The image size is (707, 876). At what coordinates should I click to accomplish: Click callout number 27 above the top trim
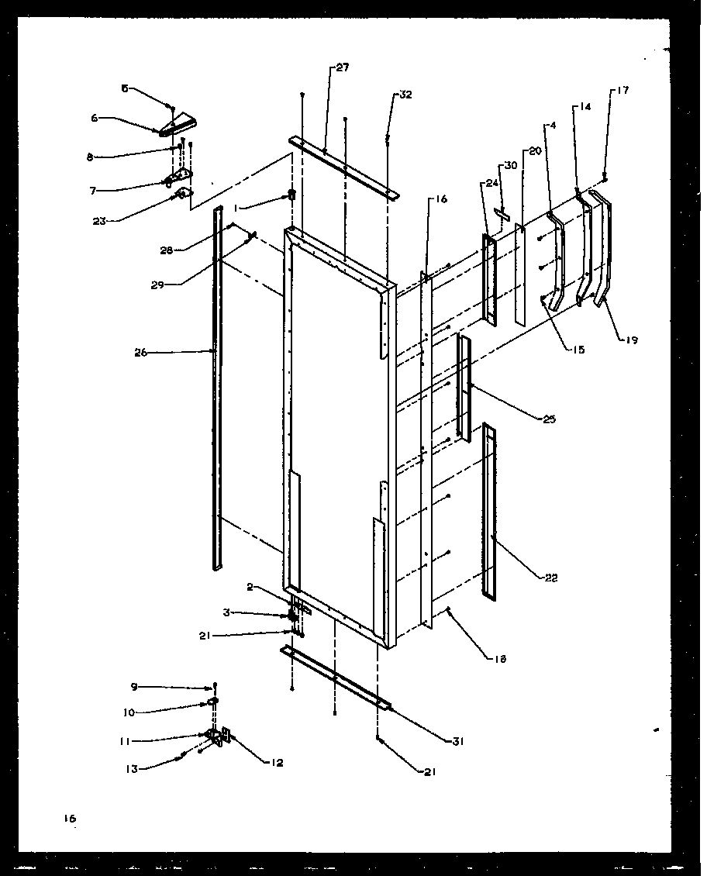pos(342,68)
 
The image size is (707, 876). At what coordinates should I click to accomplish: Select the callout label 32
pos(405,95)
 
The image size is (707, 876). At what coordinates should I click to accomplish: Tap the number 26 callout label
pos(140,353)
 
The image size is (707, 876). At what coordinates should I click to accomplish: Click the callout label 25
pos(550,419)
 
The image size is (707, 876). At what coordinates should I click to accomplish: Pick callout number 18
pos(500,659)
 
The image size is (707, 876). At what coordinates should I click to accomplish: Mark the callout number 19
pos(632,340)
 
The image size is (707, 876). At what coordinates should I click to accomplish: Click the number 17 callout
pos(623,91)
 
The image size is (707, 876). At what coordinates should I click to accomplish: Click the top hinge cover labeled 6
pos(179,124)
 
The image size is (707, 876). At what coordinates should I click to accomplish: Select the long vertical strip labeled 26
pos(217,388)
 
